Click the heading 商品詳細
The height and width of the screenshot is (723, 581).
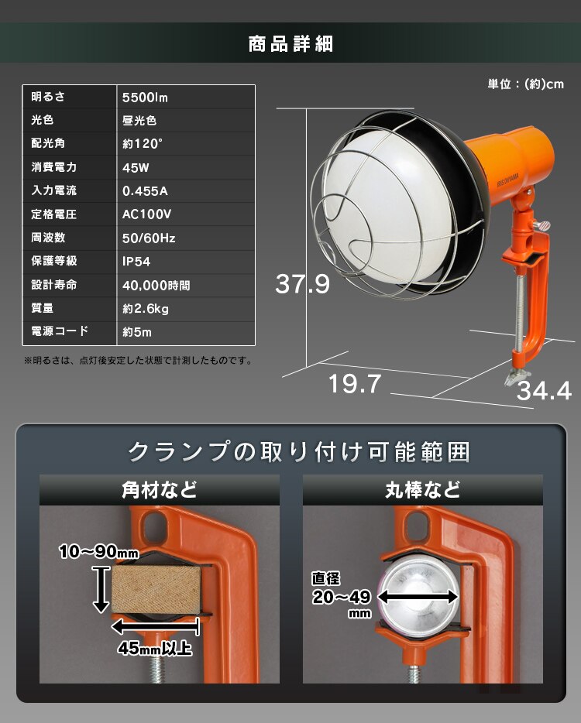(x=290, y=43)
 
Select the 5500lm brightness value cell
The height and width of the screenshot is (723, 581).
(x=146, y=98)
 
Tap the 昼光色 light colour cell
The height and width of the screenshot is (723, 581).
(x=140, y=121)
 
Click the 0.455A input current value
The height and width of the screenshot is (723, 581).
(x=145, y=190)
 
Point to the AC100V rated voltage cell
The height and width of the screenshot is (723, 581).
(x=147, y=214)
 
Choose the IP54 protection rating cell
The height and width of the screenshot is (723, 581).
(x=136, y=262)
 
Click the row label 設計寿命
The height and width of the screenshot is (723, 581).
(x=54, y=285)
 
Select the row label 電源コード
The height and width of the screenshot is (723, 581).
(x=60, y=331)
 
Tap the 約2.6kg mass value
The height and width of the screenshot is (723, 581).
(x=146, y=309)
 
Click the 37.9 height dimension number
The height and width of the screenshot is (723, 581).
(x=302, y=284)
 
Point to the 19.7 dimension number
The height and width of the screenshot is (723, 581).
(x=355, y=383)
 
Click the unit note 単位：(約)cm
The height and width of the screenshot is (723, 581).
(x=525, y=84)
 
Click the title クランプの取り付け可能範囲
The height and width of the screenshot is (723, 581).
(x=298, y=451)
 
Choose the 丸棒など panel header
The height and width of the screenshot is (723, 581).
(x=422, y=490)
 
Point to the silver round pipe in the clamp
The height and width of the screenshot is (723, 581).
(x=419, y=594)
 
